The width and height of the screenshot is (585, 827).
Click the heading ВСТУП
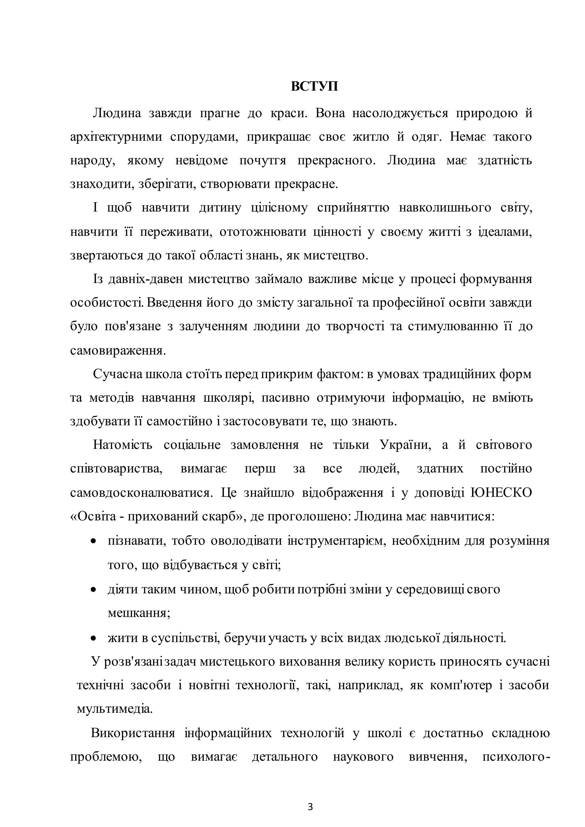[314, 87]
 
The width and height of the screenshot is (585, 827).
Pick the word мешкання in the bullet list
[139, 613]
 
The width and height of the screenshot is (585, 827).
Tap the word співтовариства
[116, 469]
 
